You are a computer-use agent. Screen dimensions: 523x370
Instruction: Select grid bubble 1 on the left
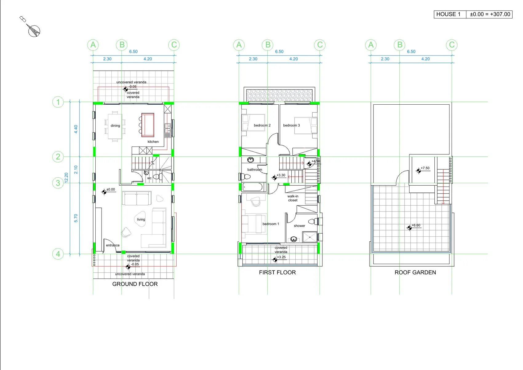58,102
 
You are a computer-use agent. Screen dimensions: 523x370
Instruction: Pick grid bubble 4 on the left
58,254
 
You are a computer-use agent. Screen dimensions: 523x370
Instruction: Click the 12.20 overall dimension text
66,178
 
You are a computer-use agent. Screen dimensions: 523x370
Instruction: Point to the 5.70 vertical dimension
76,218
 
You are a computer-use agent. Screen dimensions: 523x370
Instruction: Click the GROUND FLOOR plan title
135,284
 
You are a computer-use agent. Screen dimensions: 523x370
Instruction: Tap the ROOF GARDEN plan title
415,272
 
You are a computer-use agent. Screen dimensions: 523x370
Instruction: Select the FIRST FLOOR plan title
277,272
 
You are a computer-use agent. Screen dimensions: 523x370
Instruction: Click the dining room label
115,126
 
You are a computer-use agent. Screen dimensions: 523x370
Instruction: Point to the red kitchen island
148,125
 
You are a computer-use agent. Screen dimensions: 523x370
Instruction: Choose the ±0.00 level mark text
111,189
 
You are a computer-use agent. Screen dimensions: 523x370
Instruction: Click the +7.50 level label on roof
425,168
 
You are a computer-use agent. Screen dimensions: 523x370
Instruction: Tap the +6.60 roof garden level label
416,225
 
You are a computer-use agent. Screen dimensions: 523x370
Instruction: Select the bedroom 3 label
291,125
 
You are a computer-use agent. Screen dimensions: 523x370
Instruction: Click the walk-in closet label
293,198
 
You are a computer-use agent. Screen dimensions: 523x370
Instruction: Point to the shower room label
300,226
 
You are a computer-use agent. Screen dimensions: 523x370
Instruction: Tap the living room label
141,219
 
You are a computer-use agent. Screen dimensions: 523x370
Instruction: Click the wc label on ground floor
150,178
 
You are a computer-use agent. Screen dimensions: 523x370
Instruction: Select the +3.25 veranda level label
281,257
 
